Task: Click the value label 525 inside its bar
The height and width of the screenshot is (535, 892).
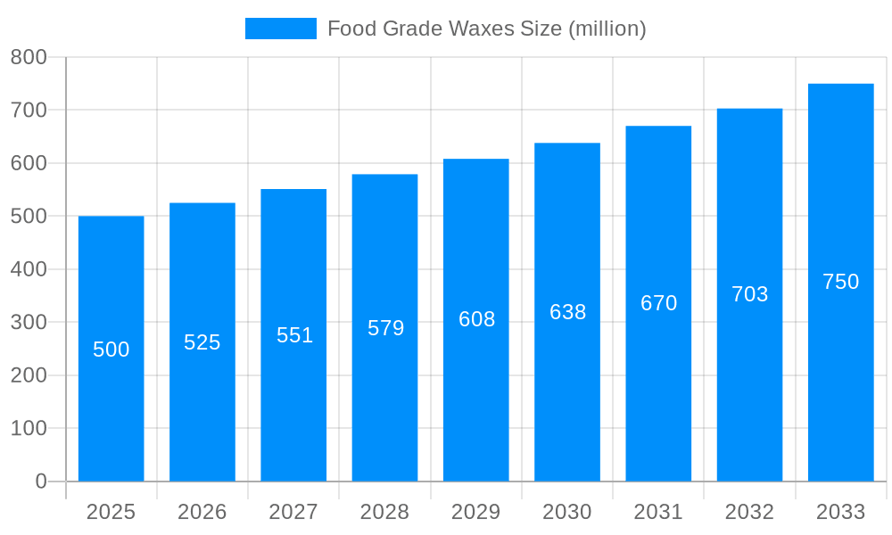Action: point(202,342)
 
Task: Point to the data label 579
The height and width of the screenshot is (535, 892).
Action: point(385,328)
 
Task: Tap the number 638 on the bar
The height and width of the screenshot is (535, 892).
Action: point(567,312)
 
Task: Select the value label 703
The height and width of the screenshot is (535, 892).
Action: point(749,294)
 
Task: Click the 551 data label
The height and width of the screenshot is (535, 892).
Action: point(294,335)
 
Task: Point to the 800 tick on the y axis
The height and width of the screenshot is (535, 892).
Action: point(29,57)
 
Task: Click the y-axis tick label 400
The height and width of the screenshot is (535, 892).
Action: point(29,269)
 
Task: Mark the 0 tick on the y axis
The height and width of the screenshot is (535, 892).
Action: point(40,481)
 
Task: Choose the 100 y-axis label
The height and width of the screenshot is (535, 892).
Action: point(29,428)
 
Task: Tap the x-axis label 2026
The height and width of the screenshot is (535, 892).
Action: point(202,512)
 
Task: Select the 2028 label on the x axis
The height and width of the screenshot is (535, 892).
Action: point(384,512)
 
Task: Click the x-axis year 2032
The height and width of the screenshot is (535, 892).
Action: point(749,512)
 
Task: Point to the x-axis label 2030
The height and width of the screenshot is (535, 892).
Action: point(567,512)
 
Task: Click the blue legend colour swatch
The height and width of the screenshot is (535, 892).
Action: point(280,29)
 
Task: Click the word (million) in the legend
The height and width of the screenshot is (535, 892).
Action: point(607,29)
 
